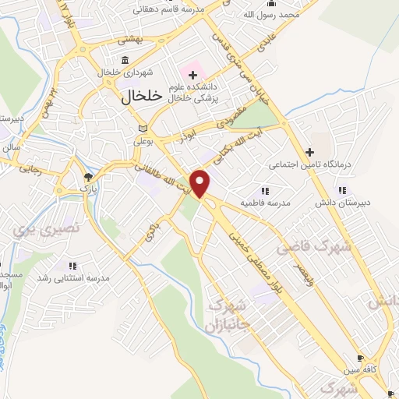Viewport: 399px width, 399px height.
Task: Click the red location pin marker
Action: tap(201, 184)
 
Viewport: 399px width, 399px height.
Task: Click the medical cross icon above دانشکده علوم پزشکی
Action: tap(192, 75)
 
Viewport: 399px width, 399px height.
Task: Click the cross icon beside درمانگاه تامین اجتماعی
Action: tap(309, 151)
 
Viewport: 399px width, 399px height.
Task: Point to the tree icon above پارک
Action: tap(87, 177)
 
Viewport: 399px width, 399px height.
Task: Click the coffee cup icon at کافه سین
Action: tap(359, 358)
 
